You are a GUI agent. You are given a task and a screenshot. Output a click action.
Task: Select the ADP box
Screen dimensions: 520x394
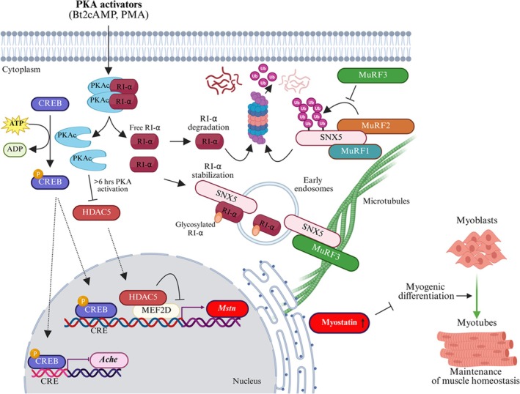15,149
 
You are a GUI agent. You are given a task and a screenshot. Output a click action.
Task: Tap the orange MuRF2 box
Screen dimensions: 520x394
376,126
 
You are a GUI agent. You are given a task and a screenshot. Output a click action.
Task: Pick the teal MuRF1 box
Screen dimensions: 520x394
355,152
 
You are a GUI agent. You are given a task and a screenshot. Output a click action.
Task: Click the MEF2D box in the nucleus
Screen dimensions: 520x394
156,311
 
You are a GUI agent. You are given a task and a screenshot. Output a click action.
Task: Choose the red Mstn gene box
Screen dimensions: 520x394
227,308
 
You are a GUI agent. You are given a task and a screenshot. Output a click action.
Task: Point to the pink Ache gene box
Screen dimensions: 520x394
109,360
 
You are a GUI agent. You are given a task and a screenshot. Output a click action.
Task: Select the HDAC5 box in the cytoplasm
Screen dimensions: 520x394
96,212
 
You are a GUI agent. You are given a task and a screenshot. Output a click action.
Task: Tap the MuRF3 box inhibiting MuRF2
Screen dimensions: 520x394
373,75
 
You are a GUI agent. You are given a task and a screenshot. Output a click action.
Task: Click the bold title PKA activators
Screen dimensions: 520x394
109,5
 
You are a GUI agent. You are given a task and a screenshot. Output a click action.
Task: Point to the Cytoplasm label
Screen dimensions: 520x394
21,70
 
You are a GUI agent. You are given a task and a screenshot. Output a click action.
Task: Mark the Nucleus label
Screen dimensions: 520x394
246,381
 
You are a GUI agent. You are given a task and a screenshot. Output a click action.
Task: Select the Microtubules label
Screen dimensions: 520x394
387,201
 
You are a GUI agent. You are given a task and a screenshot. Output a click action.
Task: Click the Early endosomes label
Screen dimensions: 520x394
313,185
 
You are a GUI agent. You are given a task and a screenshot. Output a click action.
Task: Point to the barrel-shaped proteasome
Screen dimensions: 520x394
256,117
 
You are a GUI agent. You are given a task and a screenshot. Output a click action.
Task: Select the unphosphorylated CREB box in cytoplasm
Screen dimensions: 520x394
50,104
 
